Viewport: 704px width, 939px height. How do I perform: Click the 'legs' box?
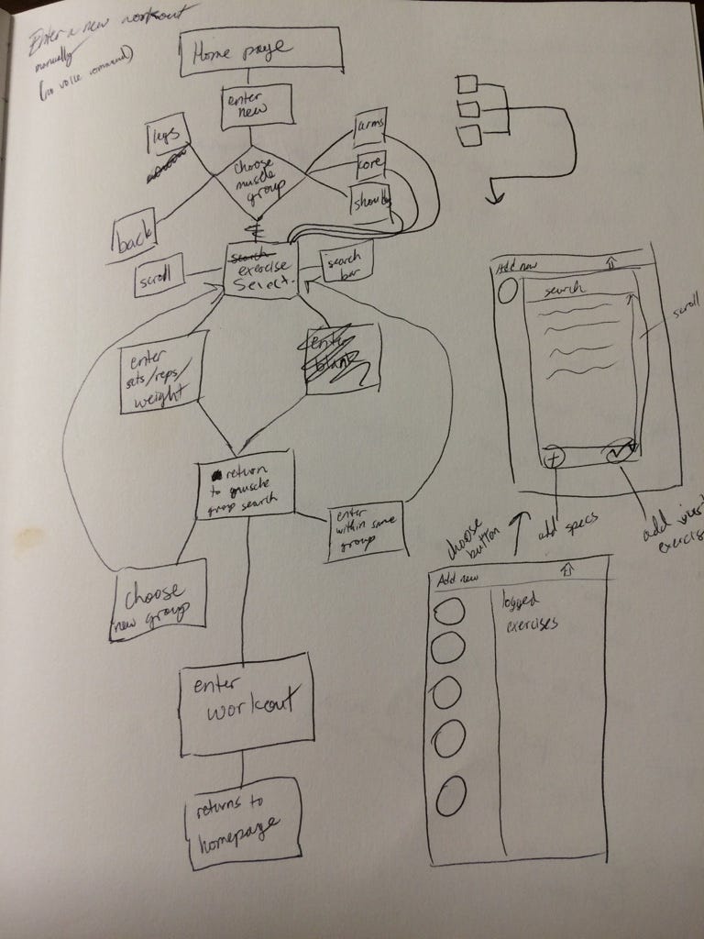click(x=168, y=138)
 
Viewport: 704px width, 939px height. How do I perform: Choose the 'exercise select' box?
click(x=263, y=270)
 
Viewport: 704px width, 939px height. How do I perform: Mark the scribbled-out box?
click(x=342, y=359)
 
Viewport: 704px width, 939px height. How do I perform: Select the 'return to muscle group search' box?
click(x=246, y=483)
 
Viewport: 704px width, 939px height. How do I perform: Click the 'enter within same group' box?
click(x=365, y=531)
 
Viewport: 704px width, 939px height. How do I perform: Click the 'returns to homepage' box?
click(x=241, y=823)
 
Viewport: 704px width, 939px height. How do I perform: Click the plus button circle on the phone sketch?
click(x=553, y=456)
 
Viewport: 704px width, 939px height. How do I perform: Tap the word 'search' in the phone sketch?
click(x=566, y=291)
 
